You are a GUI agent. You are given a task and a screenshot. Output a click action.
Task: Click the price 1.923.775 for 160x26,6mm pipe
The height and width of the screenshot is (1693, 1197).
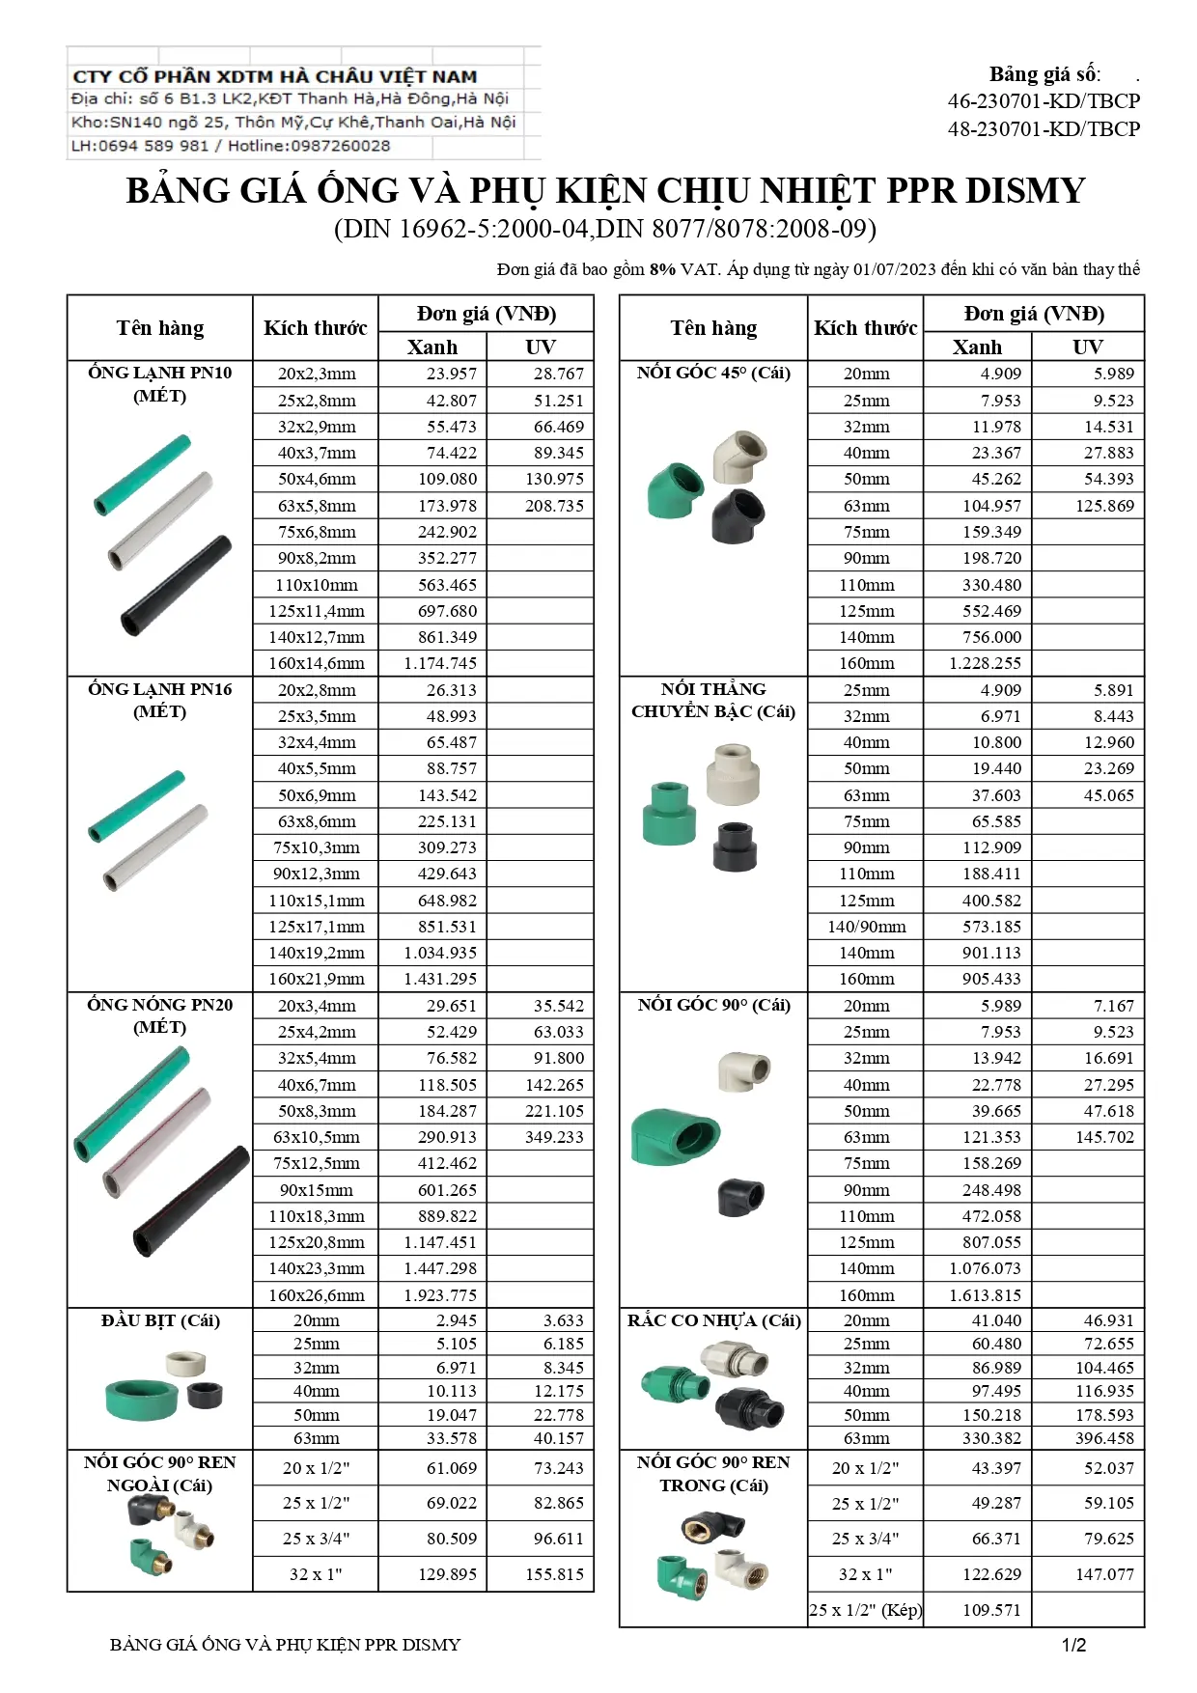click(440, 1295)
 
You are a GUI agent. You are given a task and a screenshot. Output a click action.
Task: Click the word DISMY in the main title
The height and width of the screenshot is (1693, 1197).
click(1025, 190)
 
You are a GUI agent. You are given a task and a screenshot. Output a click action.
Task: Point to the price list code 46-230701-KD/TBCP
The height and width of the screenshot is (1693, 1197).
click(1044, 101)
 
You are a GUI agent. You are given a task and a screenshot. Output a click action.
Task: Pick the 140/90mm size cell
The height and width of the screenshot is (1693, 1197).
click(866, 927)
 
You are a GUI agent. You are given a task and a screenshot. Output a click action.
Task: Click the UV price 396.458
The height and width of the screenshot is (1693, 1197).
click(1104, 1438)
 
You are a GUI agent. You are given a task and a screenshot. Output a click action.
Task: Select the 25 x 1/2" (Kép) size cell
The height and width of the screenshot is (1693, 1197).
click(866, 1610)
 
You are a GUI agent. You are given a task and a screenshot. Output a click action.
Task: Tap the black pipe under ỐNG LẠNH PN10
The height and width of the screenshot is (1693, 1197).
click(177, 585)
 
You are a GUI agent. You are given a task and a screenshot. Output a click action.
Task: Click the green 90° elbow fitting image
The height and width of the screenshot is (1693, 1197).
click(675, 1135)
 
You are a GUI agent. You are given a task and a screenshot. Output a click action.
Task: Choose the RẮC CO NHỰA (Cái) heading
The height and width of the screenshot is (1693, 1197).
click(713, 1320)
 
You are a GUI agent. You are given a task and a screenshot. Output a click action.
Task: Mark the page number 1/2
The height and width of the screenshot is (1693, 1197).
click(1073, 1646)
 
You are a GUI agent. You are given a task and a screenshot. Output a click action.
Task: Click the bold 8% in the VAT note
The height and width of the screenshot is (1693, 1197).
click(662, 269)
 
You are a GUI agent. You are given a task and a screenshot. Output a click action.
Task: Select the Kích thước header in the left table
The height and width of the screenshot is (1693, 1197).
click(315, 328)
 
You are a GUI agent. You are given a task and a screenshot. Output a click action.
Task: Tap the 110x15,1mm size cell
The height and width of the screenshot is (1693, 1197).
click(316, 901)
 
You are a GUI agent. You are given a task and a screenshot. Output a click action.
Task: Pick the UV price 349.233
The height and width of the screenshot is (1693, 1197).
click(554, 1137)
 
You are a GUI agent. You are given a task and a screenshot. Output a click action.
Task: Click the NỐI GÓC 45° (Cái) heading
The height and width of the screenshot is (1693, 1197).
click(713, 374)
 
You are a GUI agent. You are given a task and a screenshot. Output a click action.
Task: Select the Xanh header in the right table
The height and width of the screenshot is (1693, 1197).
click(977, 347)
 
